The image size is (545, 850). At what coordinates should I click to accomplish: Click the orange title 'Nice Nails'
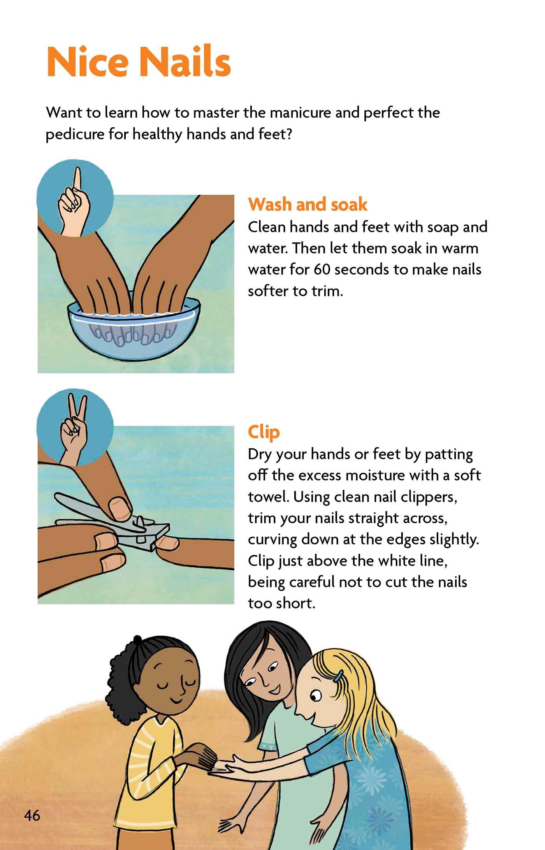(139, 62)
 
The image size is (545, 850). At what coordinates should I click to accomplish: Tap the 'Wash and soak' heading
(308, 204)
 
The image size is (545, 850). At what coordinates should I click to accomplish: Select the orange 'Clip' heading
(264, 432)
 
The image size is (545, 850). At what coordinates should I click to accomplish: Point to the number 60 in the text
(322, 269)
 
